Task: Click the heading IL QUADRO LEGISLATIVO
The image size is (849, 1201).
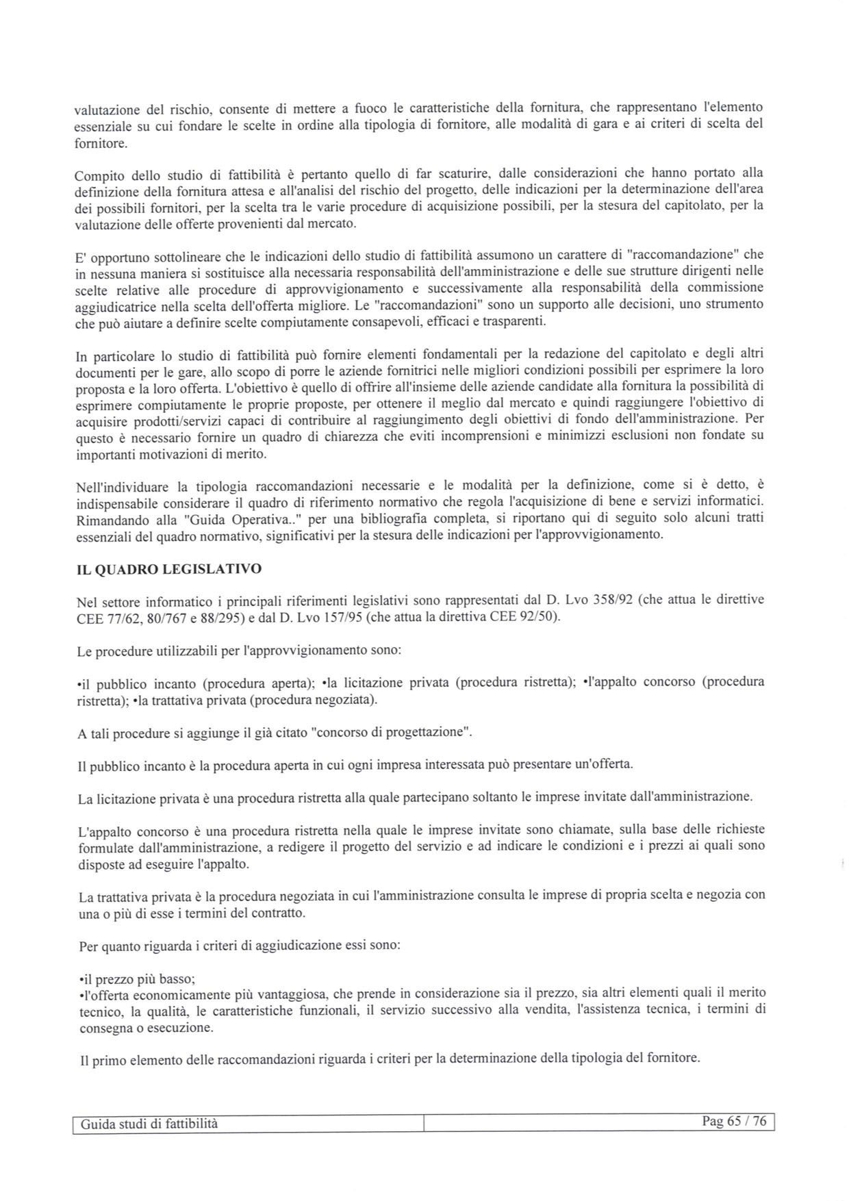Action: click(x=168, y=569)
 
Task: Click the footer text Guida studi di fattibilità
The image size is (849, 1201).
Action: click(x=149, y=1124)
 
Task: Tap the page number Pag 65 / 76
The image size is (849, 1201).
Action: click(x=734, y=1122)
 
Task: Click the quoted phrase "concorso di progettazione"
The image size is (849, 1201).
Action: click(x=391, y=731)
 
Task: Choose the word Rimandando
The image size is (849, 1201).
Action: click(x=111, y=520)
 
